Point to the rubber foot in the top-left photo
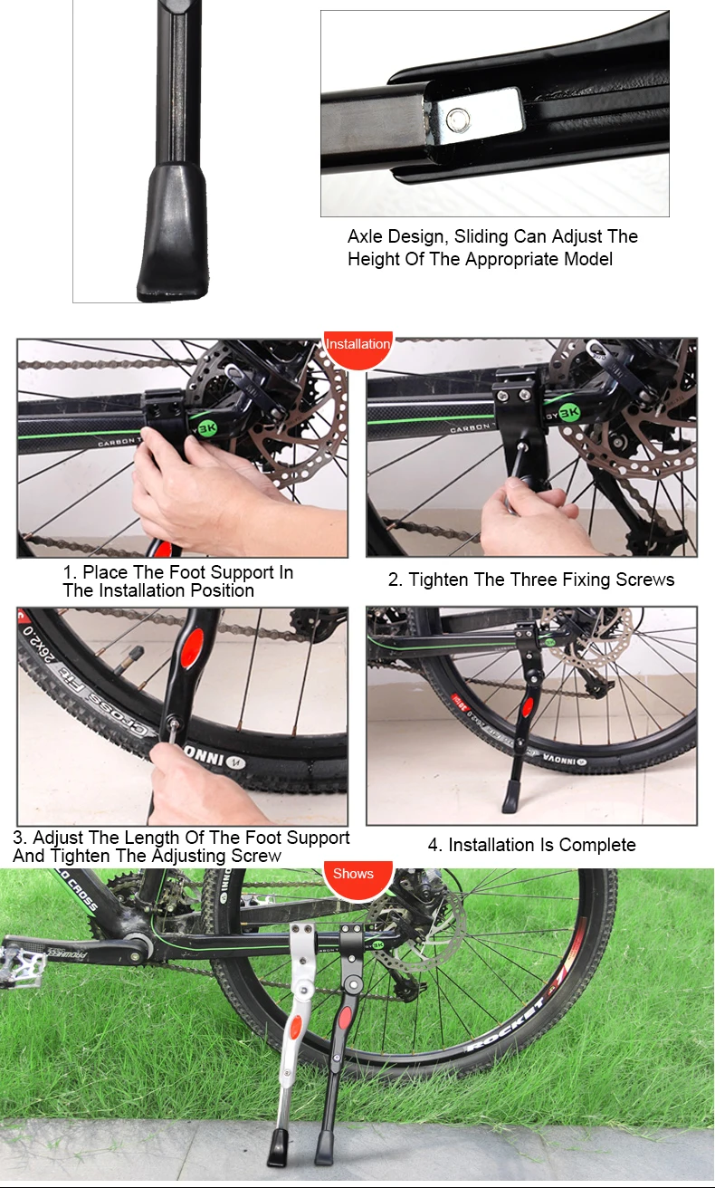pyautogui.click(x=173, y=234)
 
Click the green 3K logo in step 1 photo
pyautogui.click(x=206, y=426)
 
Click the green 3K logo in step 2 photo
pyautogui.click(x=569, y=413)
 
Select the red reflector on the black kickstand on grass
pyautogui.click(x=346, y=1016)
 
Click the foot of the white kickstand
pyautogui.click(x=278, y=1147)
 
